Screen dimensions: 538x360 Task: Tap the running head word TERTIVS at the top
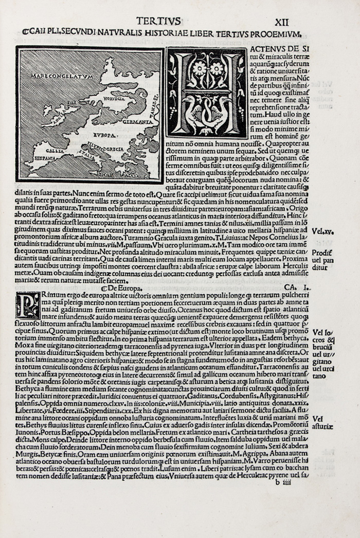pos(158,21)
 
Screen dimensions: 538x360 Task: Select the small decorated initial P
pos(27,304)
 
